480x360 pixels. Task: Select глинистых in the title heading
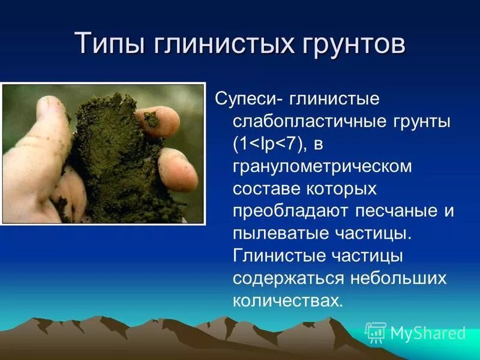(x=223, y=46)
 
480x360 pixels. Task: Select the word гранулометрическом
(x=323, y=166)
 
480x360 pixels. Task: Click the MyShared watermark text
(x=428, y=333)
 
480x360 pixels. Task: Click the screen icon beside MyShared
(x=376, y=332)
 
